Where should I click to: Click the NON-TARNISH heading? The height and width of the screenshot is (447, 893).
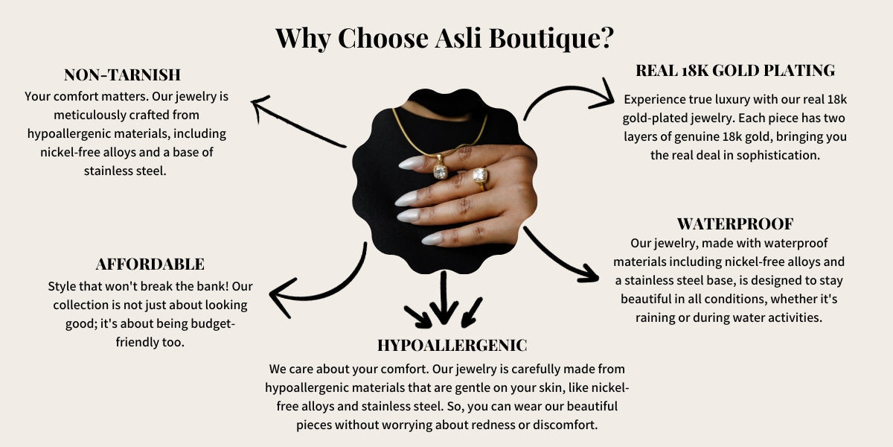click(x=122, y=74)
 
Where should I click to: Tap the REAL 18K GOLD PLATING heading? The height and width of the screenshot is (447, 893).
click(x=735, y=71)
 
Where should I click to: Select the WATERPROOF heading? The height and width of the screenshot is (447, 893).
click(x=735, y=224)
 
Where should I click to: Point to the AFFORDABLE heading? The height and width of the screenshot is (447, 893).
click(x=150, y=264)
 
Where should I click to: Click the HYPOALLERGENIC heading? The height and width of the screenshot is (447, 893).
click(x=452, y=345)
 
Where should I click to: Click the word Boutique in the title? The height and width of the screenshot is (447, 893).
click(x=551, y=39)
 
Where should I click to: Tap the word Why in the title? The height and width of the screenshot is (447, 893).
click(x=303, y=39)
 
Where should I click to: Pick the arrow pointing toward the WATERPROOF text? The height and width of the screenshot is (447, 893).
click(x=558, y=259)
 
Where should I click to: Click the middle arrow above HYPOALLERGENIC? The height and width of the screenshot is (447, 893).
click(x=444, y=297)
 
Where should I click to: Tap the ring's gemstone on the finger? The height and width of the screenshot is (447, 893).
click(x=480, y=175)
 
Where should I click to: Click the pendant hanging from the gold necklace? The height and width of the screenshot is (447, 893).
click(x=440, y=168)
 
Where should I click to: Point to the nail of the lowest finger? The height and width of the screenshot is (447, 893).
click(x=432, y=238)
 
